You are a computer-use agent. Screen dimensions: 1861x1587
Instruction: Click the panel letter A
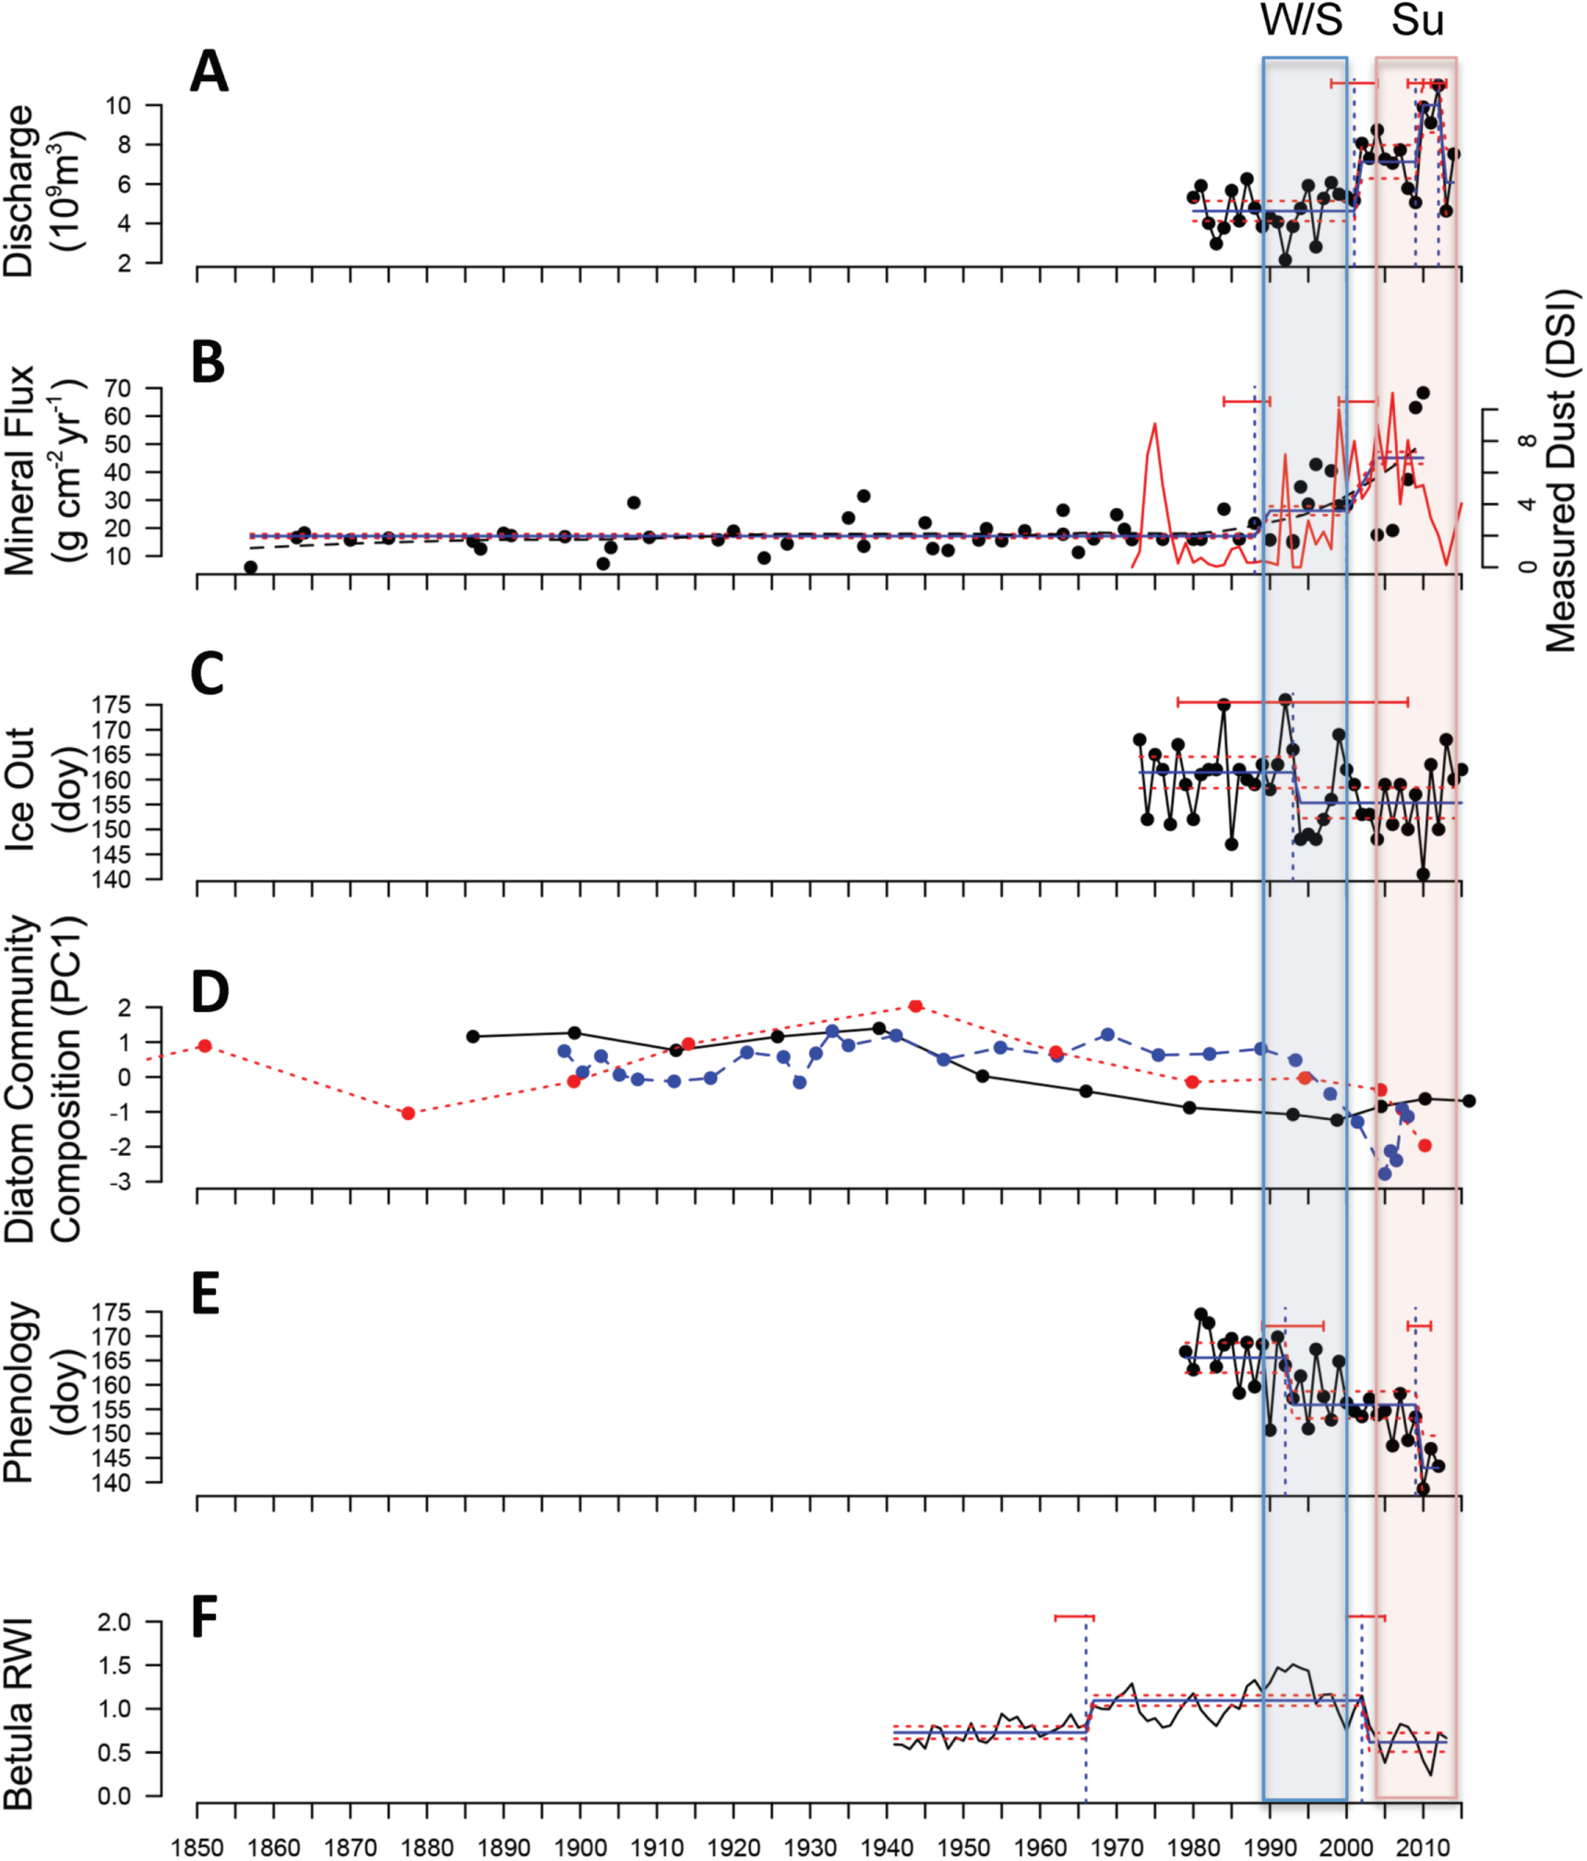click(209, 71)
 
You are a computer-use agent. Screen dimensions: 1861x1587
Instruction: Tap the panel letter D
click(209, 992)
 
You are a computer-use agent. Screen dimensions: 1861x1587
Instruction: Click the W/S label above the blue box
click(1302, 20)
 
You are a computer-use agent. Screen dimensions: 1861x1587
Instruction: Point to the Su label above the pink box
click(1416, 20)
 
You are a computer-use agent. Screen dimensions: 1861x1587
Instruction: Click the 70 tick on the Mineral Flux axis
click(118, 388)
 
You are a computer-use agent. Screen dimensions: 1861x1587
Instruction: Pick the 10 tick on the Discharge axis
click(118, 105)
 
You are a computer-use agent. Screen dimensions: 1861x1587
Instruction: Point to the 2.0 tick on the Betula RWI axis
click(114, 1621)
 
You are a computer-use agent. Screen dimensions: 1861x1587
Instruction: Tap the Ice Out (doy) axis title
click(42, 789)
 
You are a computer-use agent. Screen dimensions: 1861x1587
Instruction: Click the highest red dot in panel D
click(915, 1006)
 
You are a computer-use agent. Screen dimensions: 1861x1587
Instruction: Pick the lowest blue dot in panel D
click(1384, 1174)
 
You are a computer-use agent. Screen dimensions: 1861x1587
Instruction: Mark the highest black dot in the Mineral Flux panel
click(1423, 393)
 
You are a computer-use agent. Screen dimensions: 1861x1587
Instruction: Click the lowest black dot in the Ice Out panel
click(1423, 874)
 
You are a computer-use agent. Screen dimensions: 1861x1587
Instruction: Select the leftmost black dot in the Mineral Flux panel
click(250, 567)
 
